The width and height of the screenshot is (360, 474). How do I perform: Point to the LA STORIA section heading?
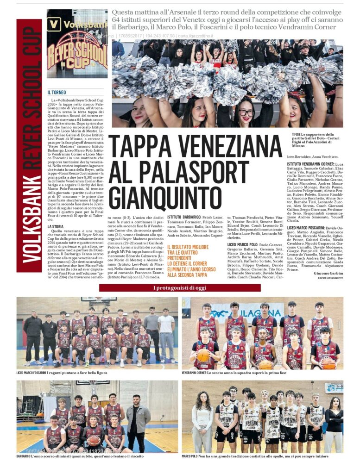coord(56,226)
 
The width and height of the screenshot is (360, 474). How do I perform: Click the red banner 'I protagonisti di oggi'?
coord(180,288)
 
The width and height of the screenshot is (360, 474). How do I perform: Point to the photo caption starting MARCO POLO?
coord(255,456)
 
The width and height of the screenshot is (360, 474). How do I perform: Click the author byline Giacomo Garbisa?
coord(328,274)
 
